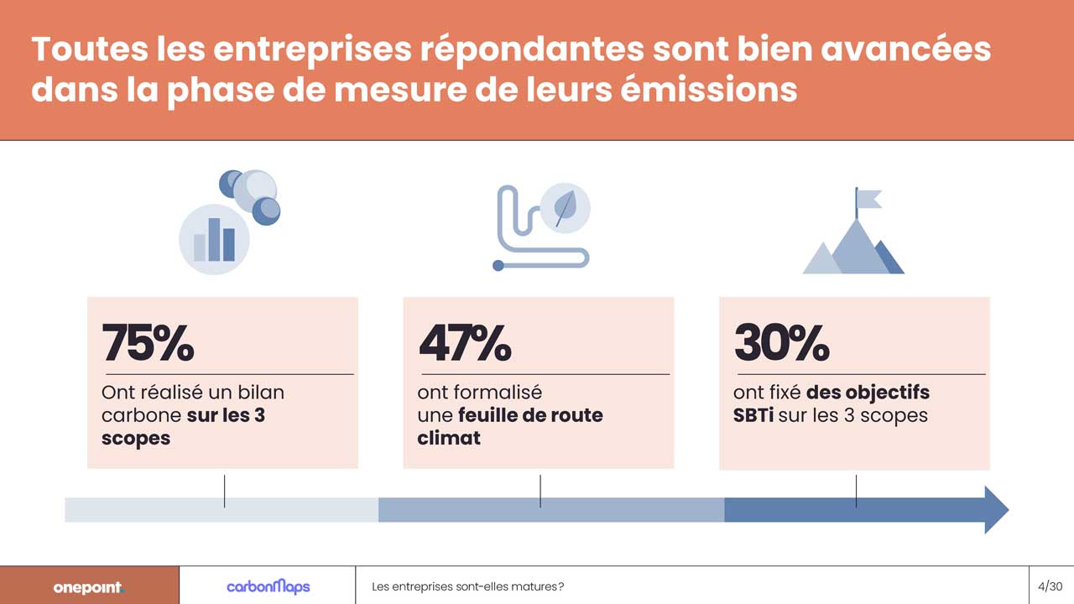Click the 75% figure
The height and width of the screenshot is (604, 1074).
pos(148,342)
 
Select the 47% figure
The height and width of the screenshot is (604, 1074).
pos(464,342)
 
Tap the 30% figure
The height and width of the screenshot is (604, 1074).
pos(781,342)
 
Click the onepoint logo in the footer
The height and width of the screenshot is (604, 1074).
pos(88,587)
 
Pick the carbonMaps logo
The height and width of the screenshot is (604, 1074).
pos(268,586)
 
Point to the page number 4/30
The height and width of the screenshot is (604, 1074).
pos(1051,586)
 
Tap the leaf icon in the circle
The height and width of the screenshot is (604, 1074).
pos(566,206)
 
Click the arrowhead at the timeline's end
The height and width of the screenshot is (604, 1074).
pos(995,509)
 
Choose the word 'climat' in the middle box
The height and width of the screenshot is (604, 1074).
pos(449,437)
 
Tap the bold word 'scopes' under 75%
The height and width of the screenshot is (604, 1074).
pos(135,438)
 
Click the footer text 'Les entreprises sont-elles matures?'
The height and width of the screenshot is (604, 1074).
pos(467,586)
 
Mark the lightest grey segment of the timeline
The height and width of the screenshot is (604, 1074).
pos(222,509)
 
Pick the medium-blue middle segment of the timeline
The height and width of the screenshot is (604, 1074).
pos(550,509)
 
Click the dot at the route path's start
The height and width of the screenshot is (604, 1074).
pos(498,266)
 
